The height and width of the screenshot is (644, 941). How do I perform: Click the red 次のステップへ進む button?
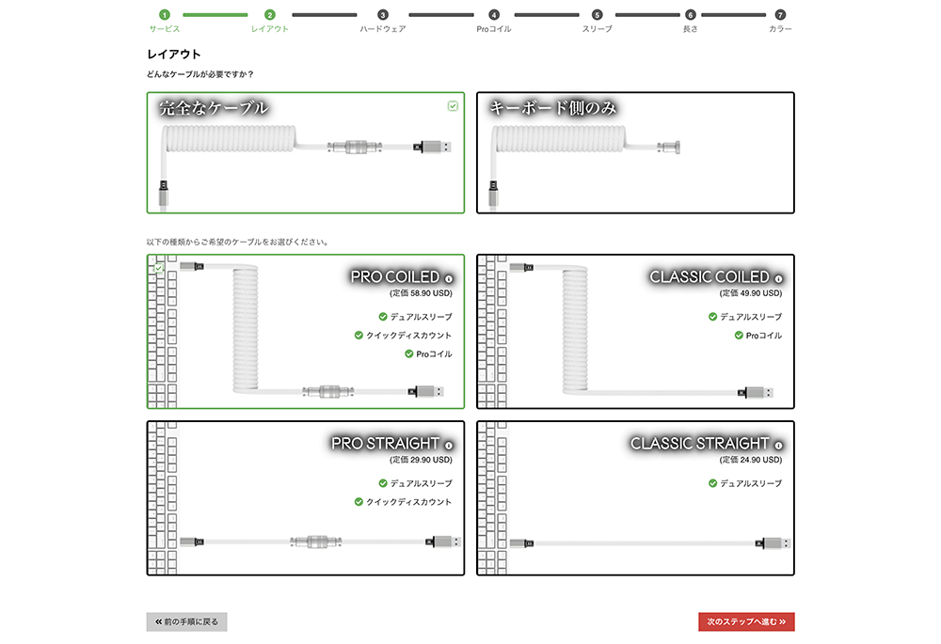[x=746, y=621]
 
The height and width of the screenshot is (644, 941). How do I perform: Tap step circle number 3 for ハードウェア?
[x=382, y=14]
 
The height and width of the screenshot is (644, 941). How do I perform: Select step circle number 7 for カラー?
[x=779, y=14]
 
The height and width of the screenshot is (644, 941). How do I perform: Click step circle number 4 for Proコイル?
[x=493, y=14]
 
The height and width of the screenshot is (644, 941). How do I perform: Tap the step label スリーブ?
[x=597, y=29]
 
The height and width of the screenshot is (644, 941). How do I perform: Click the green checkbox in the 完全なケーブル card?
[x=453, y=106]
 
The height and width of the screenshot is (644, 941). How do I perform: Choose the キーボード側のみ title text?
[x=552, y=108]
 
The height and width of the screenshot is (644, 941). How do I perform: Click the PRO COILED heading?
[x=395, y=277]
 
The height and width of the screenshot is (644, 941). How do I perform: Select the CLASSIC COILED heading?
[x=710, y=277]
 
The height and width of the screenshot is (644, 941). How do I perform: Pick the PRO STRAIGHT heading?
[x=385, y=444]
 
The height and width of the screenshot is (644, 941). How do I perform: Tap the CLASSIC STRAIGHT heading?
[x=700, y=444]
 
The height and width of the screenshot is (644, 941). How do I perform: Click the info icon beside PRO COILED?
[x=448, y=279]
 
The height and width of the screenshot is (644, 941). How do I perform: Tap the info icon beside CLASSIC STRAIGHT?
[x=778, y=446]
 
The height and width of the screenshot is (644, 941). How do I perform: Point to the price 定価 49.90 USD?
[x=751, y=293]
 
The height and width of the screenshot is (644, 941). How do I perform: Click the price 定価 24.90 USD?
[x=751, y=460]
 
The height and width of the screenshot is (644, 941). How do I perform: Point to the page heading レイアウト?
[x=174, y=54]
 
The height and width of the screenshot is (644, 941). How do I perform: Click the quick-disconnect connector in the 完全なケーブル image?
[x=355, y=147]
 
